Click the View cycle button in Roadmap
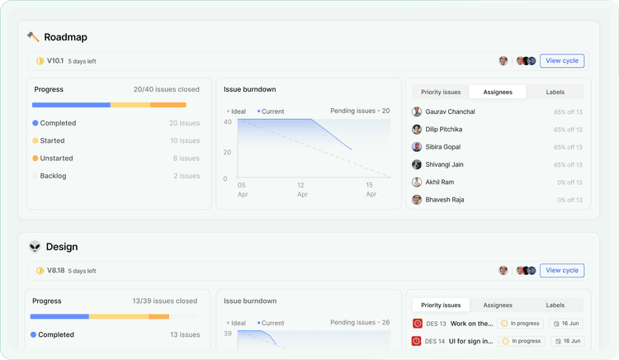coord(562,60)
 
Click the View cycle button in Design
coord(562,270)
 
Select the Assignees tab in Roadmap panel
coord(497,92)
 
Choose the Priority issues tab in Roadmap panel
coord(441,92)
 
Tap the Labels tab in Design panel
coord(555,305)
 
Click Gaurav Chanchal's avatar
coord(417,112)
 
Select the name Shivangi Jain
coord(444,164)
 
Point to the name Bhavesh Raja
coord(444,200)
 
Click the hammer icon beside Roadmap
coord(33,37)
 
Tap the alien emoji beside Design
coord(34,247)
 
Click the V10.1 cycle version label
coord(55,61)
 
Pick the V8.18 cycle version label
coord(55,271)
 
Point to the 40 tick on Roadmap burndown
coord(227,122)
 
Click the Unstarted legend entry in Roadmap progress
coord(56,159)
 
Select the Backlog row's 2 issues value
coord(187,176)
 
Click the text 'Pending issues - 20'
coord(360,111)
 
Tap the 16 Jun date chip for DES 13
coord(566,324)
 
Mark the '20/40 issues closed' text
coord(166,89)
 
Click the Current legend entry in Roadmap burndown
coord(272,111)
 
